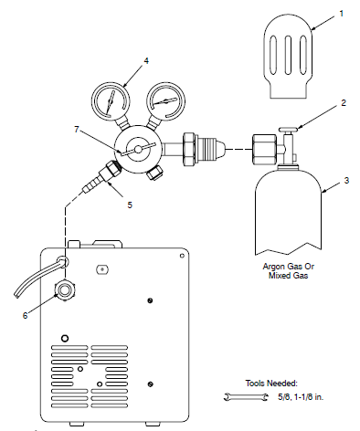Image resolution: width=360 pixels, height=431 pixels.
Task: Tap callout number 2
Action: pos(343,103)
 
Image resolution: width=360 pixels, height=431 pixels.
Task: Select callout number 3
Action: pos(346,182)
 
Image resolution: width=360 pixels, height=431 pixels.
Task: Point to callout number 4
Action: pos(145,62)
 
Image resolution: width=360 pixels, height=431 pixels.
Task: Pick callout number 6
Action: pos(25,315)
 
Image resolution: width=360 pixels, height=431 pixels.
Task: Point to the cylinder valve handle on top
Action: pos(288,131)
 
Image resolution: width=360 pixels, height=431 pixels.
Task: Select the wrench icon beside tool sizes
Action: pos(239,396)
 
